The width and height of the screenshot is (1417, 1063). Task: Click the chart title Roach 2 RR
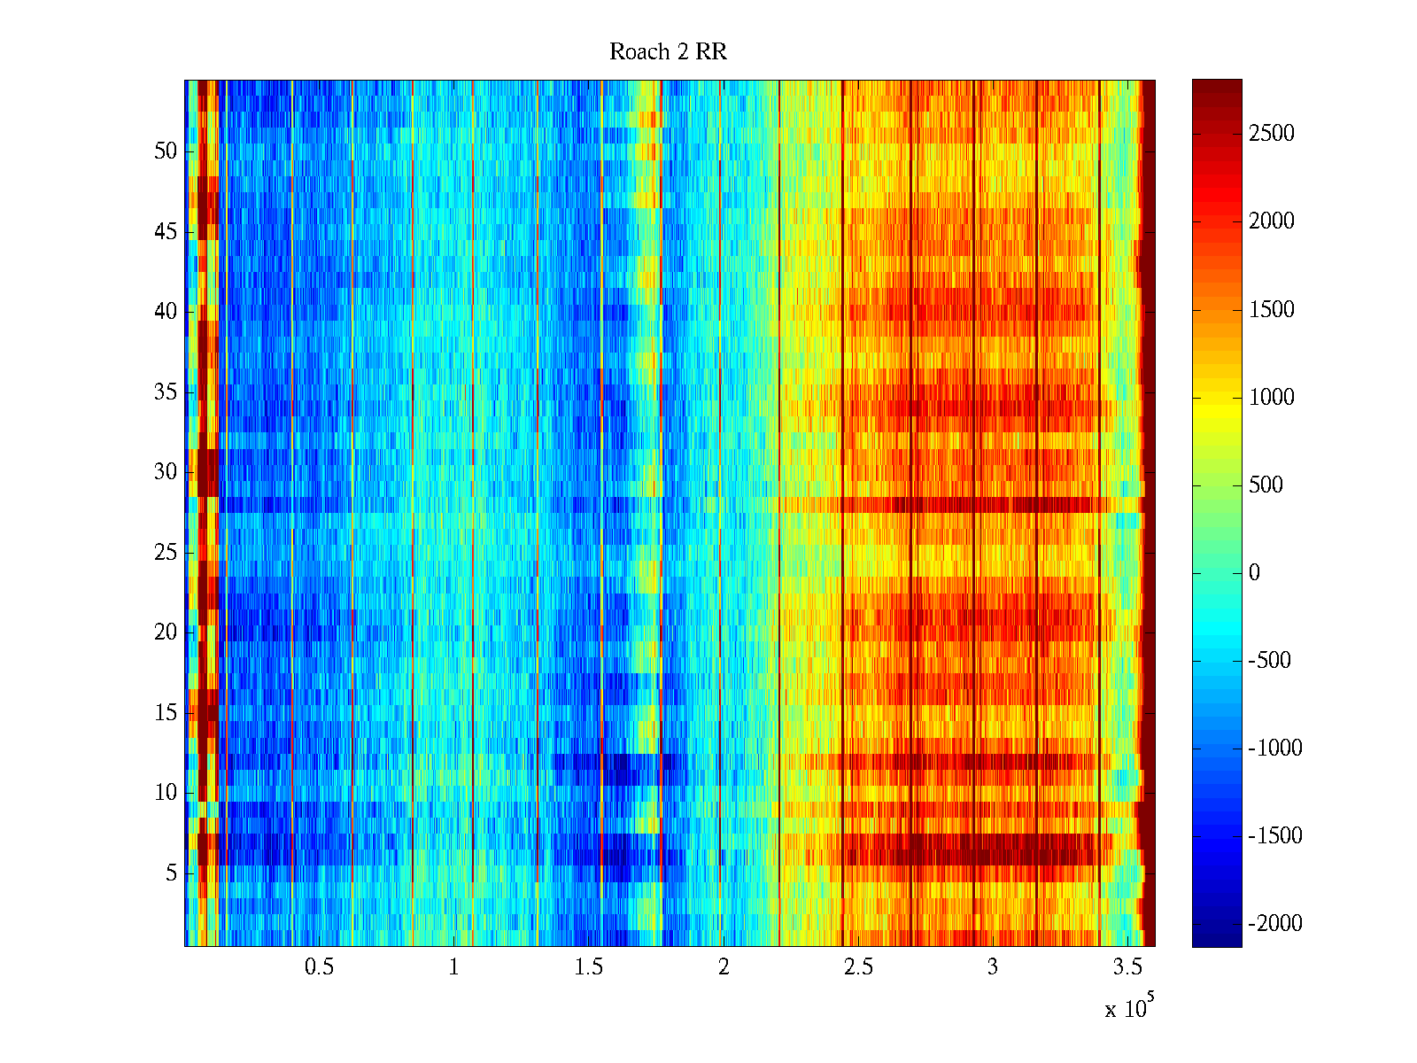(668, 52)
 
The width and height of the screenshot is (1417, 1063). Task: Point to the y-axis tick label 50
(166, 151)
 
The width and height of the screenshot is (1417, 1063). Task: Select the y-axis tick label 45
(166, 232)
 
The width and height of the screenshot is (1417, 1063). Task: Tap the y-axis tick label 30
(166, 472)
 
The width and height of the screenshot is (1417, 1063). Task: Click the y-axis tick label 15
(166, 713)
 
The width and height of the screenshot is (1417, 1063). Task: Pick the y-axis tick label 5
(171, 873)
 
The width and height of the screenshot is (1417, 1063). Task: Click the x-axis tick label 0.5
(319, 967)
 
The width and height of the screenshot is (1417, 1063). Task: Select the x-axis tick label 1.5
(589, 967)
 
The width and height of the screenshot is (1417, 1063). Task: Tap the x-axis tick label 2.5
(858, 967)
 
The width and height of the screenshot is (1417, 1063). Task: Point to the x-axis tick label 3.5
(1127, 967)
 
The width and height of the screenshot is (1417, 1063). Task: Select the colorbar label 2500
(1271, 134)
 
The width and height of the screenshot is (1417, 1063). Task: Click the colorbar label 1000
(1271, 397)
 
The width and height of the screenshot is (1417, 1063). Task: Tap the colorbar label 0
(1254, 573)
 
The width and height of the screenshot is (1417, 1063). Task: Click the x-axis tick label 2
(724, 967)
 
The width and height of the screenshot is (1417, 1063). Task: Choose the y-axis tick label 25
(166, 553)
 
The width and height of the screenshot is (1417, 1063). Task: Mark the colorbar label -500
(1270, 661)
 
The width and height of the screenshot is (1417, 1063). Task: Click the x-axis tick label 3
(993, 967)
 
